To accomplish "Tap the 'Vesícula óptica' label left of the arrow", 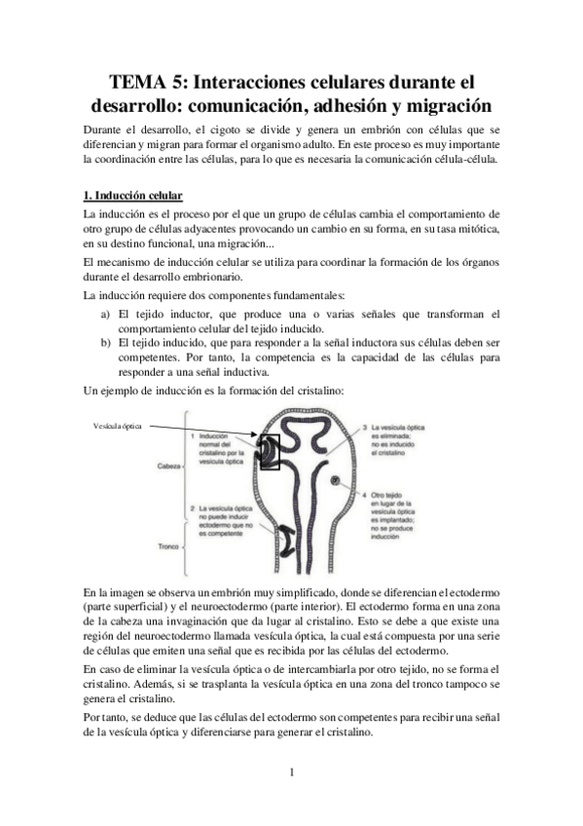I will click(119, 426).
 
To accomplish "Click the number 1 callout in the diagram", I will click(194, 435).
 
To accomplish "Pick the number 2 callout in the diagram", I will click(194, 508).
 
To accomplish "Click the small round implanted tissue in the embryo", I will click(335, 481).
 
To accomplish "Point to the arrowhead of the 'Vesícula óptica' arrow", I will click(254, 433).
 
